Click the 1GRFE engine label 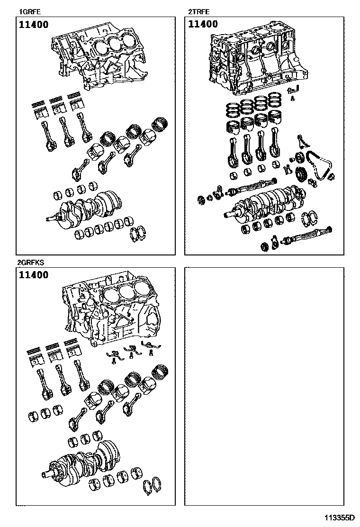30,12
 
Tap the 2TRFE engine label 199,12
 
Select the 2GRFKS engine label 31,263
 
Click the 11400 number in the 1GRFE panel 34,25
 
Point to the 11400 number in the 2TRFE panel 203,24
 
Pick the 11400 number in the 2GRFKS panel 34,275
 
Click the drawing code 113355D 340,517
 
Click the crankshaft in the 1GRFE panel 86,206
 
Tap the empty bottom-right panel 264,387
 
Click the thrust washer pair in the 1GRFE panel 138,234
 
